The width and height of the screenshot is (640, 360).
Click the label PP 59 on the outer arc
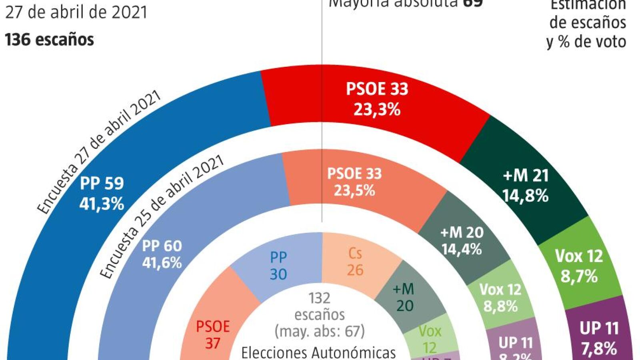[x=102, y=184]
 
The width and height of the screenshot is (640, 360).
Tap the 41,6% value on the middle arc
[x=162, y=263]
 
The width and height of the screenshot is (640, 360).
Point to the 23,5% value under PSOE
[x=354, y=191]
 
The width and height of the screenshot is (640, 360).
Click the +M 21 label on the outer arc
[x=526, y=176]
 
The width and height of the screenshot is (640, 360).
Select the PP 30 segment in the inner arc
[x=278, y=266]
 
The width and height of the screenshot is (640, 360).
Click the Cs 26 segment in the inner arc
[x=355, y=262]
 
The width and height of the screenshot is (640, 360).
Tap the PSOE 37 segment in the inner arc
[x=212, y=335]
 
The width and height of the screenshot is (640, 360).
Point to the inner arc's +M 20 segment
[x=404, y=298]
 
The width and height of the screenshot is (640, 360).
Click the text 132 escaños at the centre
[x=319, y=306]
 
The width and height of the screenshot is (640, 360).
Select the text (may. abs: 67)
[x=319, y=331]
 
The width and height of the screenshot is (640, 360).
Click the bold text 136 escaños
[x=49, y=40]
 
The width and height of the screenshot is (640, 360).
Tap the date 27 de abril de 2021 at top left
[x=76, y=12]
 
